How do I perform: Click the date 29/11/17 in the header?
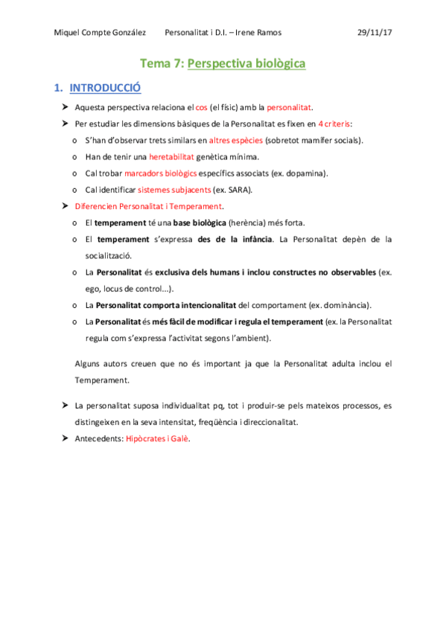tap(375, 33)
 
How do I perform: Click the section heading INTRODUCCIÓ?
tap(105, 88)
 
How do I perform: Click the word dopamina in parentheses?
tap(307, 173)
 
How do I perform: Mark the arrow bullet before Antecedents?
tap(66, 439)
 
